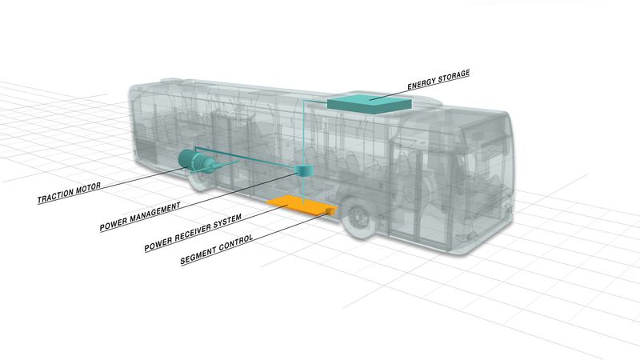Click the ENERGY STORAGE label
click(438, 79)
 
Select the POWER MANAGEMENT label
click(139, 214)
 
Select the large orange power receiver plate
click(298, 204)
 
